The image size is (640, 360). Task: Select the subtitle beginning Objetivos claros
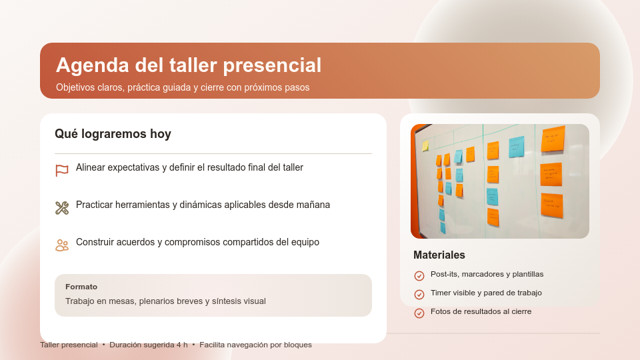click(183, 87)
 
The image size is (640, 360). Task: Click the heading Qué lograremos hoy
click(113, 134)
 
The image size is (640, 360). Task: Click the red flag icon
click(62, 171)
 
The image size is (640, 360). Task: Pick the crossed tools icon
click(62, 208)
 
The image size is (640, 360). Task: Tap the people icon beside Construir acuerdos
click(62, 245)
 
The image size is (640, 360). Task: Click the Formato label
click(81, 287)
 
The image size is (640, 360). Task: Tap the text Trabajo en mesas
click(101, 301)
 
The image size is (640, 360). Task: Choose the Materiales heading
click(439, 255)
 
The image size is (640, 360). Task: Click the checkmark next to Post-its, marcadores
click(419, 276)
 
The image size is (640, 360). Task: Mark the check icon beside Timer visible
click(419, 295)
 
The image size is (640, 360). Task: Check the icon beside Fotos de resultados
click(419, 313)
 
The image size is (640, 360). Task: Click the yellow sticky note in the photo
click(425, 145)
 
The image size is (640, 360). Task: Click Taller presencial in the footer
click(69, 345)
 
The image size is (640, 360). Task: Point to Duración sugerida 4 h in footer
click(149, 345)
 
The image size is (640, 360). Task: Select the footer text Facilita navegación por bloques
click(255, 345)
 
